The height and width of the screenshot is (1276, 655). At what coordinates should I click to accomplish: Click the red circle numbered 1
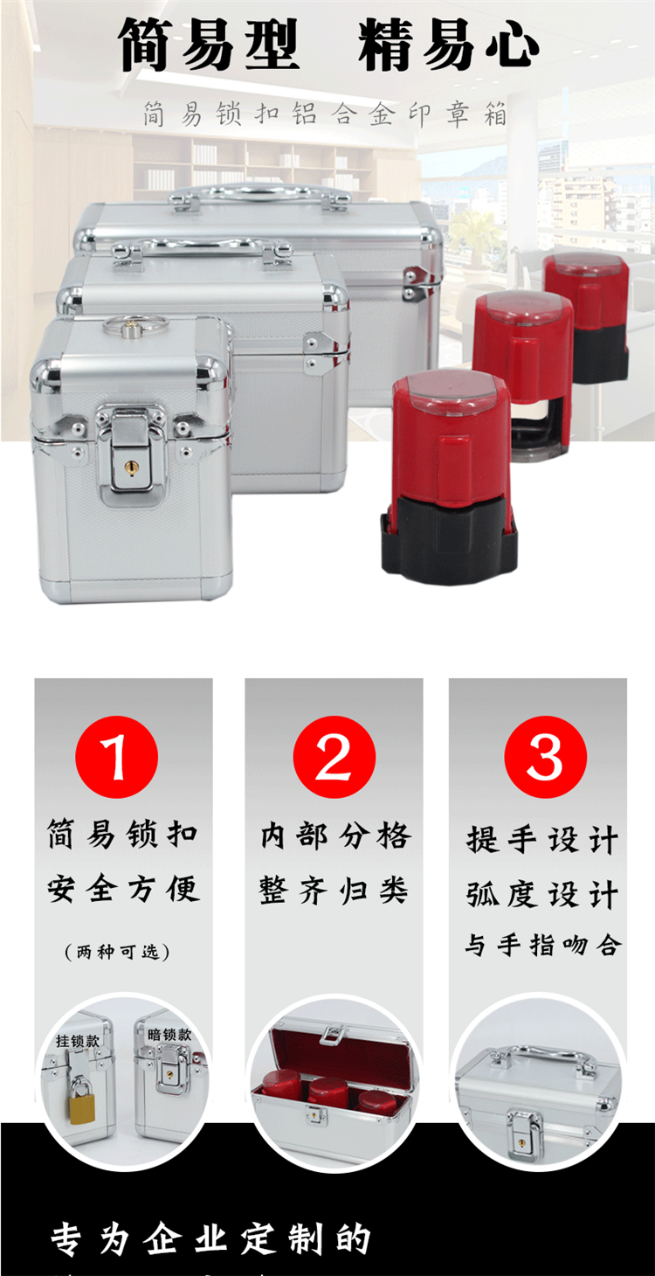click(117, 757)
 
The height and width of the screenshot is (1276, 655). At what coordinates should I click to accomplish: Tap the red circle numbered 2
click(334, 757)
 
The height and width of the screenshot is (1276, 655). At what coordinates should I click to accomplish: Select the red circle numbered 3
click(546, 757)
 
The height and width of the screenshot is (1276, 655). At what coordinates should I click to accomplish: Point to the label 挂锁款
click(78, 1041)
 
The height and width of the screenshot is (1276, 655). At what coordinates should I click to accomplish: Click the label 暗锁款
click(169, 1034)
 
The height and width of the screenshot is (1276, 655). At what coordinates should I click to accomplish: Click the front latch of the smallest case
click(131, 454)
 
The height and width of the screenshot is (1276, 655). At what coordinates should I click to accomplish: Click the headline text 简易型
click(208, 45)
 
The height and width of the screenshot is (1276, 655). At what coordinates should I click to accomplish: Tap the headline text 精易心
click(448, 45)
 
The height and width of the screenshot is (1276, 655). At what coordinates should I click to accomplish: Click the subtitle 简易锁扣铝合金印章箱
click(325, 114)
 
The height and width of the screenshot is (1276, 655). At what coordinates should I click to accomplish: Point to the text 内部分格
click(335, 836)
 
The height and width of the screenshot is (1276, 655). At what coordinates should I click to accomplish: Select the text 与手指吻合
click(543, 945)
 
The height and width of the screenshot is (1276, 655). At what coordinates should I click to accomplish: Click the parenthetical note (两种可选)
click(117, 951)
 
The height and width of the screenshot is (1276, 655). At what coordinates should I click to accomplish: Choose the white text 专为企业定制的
click(211, 1238)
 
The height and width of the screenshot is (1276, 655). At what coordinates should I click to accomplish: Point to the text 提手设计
click(543, 840)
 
